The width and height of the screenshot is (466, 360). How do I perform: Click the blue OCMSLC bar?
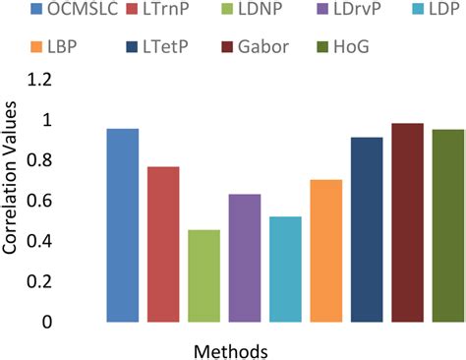[x=123, y=225]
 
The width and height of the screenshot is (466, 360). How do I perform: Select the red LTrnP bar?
[x=163, y=244]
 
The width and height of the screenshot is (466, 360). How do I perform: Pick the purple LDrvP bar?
[x=245, y=258]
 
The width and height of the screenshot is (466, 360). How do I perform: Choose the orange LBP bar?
[x=325, y=251]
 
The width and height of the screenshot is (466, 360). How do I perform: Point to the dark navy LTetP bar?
[x=367, y=229]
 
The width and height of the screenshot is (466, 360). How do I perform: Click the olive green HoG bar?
[x=447, y=225]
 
